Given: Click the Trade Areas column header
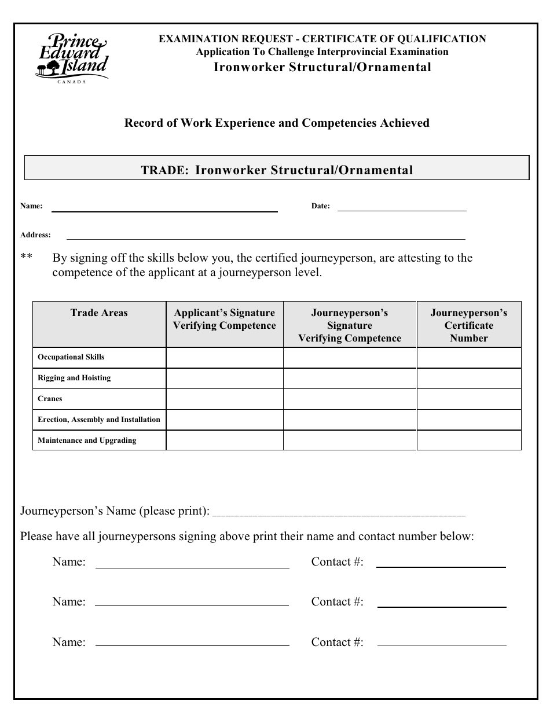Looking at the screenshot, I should (99, 313).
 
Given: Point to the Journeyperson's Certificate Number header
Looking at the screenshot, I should (468, 325).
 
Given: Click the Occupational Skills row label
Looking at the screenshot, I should (71, 357).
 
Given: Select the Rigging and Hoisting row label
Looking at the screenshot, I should (74, 378).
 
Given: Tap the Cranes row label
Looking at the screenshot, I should (50, 399).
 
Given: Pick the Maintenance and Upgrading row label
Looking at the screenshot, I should (87, 441).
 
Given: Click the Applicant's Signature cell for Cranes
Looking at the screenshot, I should (225, 399).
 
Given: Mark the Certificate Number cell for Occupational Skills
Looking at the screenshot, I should (468, 357).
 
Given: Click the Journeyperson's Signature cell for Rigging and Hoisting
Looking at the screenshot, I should (350, 378).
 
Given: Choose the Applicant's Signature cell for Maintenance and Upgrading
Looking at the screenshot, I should (225, 441).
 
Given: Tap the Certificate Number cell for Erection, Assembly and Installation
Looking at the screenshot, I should (468, 420).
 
